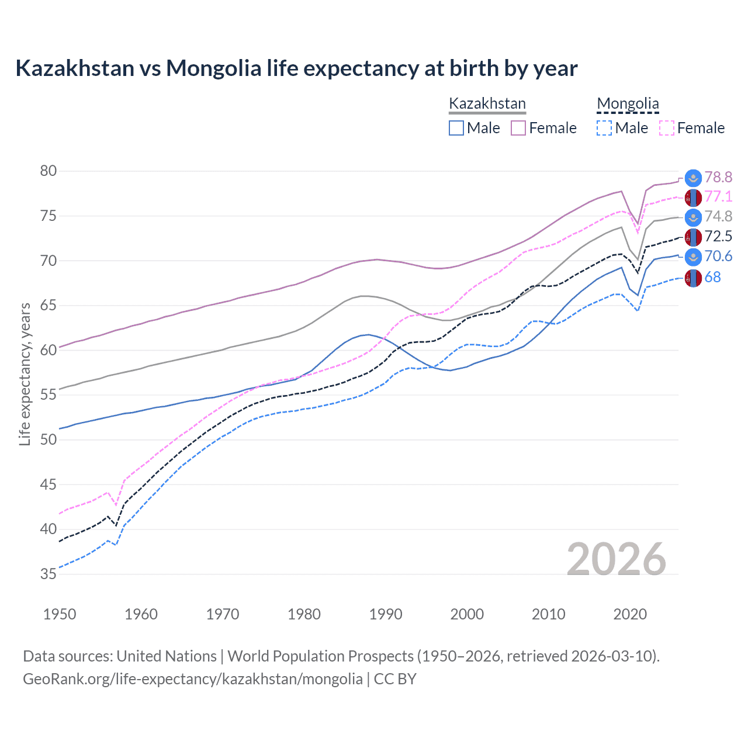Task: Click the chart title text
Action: pyautogui.click(x=296, y=68)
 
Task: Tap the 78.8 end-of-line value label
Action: pyautogui.click(x=718, y=177)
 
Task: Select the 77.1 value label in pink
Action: pyautogui.click(x=718, y=197)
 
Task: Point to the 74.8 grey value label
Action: pyautogui.click(x=718, y=217)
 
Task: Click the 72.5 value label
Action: pyautogui.click(x=718, y=237)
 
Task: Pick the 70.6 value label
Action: pyautogui.click(x=718, y=257)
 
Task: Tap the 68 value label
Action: pyautogui.click(x=712, y=278)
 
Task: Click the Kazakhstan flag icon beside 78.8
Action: pyautogui.click(x=693, y=178)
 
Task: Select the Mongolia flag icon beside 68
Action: pyautogui.click(x=693, y=279)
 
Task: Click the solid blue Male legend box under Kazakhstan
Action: pyautogui.click(x=456, y=128)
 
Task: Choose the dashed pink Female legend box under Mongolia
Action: pyautogui.click(x=667, y=128)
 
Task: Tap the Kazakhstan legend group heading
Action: pyautogui.click(x=487, y=104)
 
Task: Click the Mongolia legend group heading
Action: pyautogui.click(x=628, y=104)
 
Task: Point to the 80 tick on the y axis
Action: pyautogui.click(x=49, y=171)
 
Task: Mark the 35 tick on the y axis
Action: pyautogui.click(x=49, y=574)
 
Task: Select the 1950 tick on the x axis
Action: pyautogui.click(x=60, y=614)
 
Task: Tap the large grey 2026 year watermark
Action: pyautogui.click(x=616, y=559)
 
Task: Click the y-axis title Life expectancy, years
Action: pyautogui.click(x=25, y=374)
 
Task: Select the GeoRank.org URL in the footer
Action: pyautogui.click(x=193, y=679)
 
